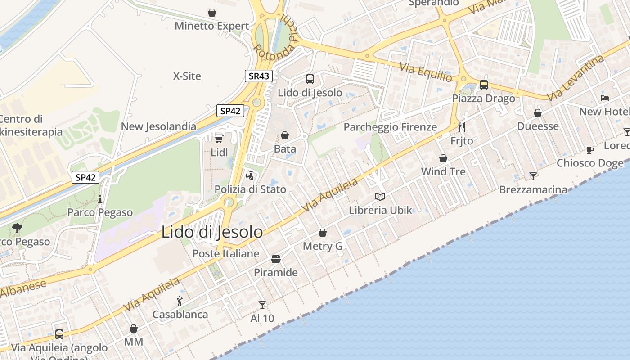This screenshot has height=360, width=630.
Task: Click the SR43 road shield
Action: pyautogui.click(x=259, y=76)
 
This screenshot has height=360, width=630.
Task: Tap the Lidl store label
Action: pyautogui.click(x=219, y=153)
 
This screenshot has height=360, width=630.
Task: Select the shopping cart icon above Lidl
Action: pyautogui.click(x=219, y=138)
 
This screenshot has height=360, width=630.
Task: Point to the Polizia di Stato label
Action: pyautogui.click(x=250, y=189)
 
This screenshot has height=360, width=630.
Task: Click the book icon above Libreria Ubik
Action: pyautogui.click(x=380, y=197)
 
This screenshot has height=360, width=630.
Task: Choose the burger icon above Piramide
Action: pyautogui.click(x=276, y=259)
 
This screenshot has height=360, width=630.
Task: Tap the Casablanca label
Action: pyautogui.click(x=180, y=315)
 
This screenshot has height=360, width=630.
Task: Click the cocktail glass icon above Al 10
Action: pyautogui.click(x=262, y=305)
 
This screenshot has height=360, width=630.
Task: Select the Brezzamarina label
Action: pyautogui.click(x=533, y=190)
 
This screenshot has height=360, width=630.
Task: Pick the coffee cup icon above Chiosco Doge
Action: pyautogui.click(x=590, y=150)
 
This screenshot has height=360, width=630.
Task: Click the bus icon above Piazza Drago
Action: pyautogui.click(x=484, y=85)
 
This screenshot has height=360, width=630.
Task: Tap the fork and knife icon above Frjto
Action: pyautogui.click(x=461, y=127)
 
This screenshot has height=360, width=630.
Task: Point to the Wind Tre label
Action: pyautogui.click(x=443, y=171)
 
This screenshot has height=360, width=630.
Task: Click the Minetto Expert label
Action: pyautogui.click(x=211, y=26)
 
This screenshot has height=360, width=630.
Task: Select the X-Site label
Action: pyautogui.click(x=187, y=76)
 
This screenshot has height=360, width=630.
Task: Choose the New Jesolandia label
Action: pyautogui.click(x=158, y=126)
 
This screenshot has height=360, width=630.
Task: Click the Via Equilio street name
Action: pyautogui.click(x=426, y=72)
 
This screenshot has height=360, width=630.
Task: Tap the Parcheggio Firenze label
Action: pyautogui.click(x=390, y=127)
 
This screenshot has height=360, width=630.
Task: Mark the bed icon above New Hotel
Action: pyautogui.click(x=605, y=98)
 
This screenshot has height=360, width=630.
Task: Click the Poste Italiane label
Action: pyautogui.click(x=226, y=253)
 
